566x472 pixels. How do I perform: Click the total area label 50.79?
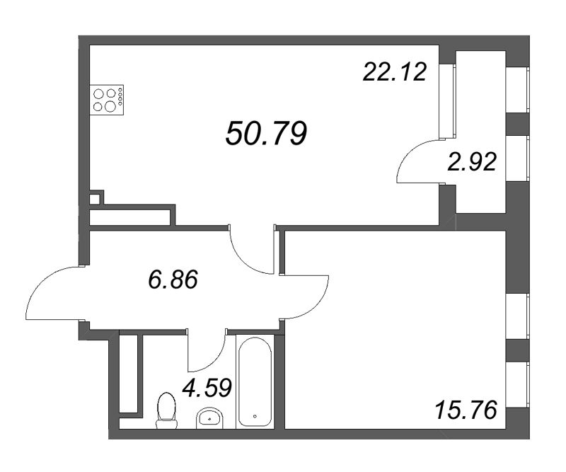pos(267,133)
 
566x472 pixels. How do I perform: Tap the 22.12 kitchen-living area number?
pos(395,71)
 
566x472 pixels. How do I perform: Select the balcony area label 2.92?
pos(472,161)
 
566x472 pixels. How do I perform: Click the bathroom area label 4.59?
pos(207,388)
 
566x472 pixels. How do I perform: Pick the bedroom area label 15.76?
pos(466,410)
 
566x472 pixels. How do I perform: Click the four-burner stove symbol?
pos(107,100)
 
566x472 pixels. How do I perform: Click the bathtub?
pos(255,381)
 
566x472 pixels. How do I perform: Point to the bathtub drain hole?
pos(255,416)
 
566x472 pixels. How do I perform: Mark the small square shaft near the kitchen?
pos(94,200)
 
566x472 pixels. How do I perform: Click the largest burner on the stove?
pos(110,106)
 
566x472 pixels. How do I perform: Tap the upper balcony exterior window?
pos(518,90)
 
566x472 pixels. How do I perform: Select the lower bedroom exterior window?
pos(518,385)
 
